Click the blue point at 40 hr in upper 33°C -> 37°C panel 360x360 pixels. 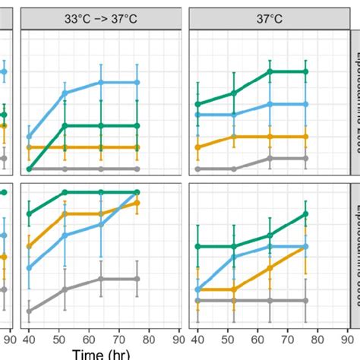tap(30, 137)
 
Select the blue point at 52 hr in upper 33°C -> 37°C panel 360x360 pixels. tap(65, 93)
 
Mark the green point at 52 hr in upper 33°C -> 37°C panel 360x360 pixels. tap(65, 125)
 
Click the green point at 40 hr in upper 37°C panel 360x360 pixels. tap(197, 104)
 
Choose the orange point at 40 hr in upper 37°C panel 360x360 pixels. tap(197, 147)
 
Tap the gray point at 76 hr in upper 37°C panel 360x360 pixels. tap(305, 158)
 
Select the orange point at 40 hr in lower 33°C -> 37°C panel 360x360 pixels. tap(30, 246)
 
